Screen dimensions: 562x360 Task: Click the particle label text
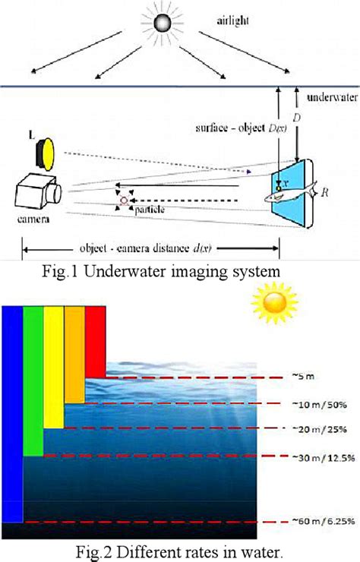tap(149, 209)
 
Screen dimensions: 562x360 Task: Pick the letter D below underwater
tap(298, 120)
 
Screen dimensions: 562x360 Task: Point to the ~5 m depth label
tap(308, 375)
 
